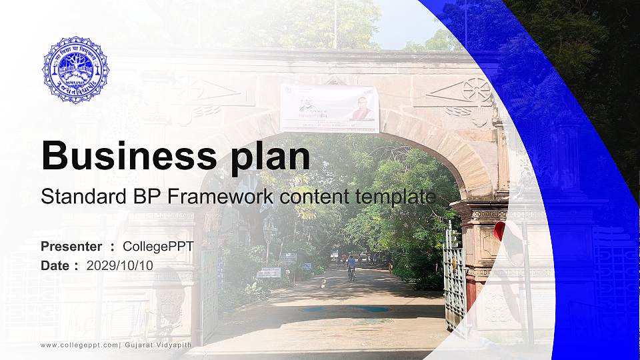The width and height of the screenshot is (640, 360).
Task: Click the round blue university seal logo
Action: (x=75, y=70)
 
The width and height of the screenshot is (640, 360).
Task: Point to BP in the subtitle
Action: (x=137, y=197)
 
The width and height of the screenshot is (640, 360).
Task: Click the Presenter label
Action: (x=71, y=247)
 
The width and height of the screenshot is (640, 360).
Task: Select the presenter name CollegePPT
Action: (x=159, y=247)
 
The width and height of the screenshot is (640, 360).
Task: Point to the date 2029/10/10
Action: (x=120, y=265)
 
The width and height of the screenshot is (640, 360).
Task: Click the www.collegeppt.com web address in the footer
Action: (x=79, y=345)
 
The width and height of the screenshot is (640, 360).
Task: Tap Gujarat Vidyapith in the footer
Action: (x=150, y=345)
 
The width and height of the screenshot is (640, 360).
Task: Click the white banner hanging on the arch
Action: (x=329, y=108)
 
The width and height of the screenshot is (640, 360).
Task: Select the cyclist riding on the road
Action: (x=351, y=267)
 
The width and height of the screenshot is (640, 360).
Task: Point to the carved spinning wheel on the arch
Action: (x=477, y=89)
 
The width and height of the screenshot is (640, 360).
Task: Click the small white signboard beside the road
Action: (x=270, y=272)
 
